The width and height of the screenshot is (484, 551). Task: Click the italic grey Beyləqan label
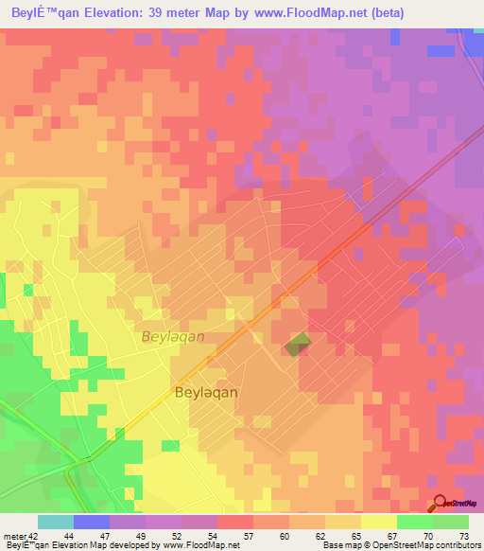tap(173, 336)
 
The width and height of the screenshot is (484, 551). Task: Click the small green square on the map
tap(298, 345)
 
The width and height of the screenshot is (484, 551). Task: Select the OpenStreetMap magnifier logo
tap(441, 504)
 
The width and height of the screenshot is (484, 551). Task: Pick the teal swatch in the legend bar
tap(55, 522)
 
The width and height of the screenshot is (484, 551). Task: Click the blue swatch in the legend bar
tap(92, 522)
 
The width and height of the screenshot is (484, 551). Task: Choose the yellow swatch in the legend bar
tap(378, 522)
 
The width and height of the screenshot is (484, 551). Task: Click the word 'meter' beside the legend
tap(15, 536)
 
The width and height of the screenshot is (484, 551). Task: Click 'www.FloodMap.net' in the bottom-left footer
tap(200, 545)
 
